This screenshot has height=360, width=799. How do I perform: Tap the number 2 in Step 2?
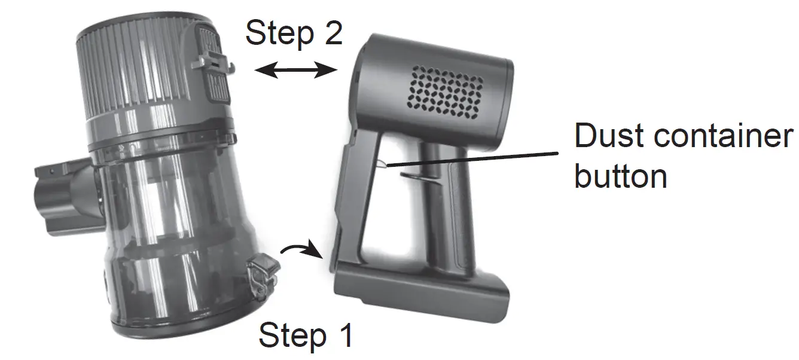coord(334,32)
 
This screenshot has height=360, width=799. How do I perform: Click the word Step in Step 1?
coord(293,335)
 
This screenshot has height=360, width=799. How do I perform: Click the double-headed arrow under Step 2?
coord(295,69)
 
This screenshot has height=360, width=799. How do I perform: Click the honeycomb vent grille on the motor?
coord(446,92)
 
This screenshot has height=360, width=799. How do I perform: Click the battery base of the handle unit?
coord(421,293)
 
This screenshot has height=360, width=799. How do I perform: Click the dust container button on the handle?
coord(381,164)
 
